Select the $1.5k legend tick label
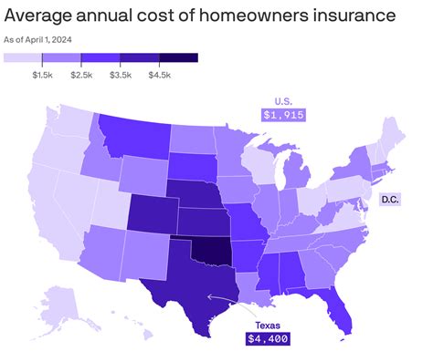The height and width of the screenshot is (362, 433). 43,72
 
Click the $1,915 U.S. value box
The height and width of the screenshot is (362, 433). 282,115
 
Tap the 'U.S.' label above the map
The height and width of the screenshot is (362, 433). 282,100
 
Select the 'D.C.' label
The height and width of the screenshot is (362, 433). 391,199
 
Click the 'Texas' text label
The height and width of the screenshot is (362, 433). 266,323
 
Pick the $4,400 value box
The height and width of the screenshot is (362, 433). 266,338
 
